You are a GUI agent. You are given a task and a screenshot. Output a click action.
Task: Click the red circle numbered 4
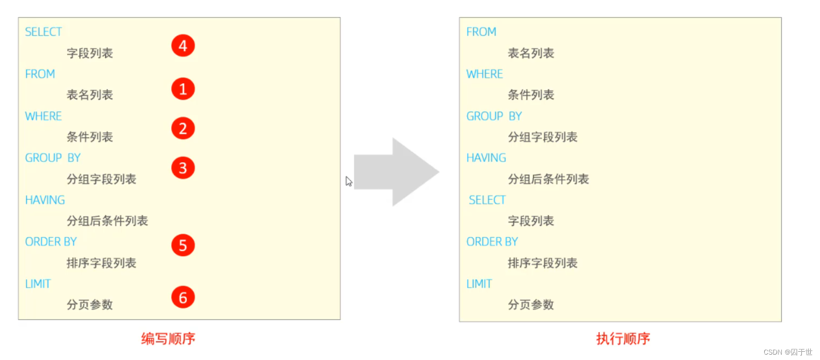coord(183,45)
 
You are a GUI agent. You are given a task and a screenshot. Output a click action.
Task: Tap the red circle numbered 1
coord(183,89)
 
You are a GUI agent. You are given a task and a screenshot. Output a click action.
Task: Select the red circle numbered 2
coord(183,128)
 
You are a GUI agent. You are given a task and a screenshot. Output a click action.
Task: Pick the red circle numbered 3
coord(183,168)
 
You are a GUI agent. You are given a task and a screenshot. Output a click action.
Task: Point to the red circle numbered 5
coord(183,245)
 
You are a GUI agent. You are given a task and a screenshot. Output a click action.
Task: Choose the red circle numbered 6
coord(183,297)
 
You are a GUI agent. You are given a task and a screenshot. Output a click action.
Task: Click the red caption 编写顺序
coord(168,338)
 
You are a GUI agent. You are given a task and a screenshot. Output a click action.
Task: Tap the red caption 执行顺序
coord(623,338)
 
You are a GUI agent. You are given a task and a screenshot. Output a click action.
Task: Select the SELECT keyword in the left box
coord(44,32)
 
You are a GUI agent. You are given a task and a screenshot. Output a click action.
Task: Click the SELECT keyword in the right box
coord(487,200)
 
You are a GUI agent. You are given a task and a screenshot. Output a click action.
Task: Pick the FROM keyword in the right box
coord(481,32)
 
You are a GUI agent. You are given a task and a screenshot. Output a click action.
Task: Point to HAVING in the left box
coord(45,200)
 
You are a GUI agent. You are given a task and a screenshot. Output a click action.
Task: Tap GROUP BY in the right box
coord(494,116)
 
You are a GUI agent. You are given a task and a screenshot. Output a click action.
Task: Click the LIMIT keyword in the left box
coord(38,284)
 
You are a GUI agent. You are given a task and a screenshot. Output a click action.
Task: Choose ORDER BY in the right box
coord(492,242)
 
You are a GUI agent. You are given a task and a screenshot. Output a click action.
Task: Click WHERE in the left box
coord(44,116)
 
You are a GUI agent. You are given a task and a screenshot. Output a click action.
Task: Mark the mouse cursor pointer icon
coord(348,181)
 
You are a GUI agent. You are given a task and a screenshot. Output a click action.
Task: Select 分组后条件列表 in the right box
coord(548,179)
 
